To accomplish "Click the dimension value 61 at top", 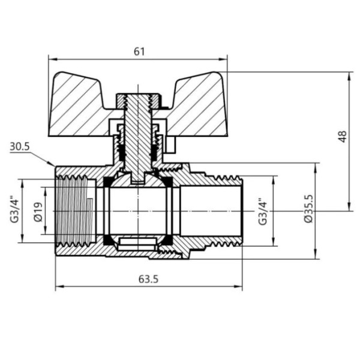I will point(139,52).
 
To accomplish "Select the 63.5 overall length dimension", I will point(144,279).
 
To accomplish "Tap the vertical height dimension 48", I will point(343,137).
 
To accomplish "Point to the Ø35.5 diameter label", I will point(309,210).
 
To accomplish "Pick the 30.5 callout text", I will point(20,147).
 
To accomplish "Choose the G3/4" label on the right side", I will point(262,211).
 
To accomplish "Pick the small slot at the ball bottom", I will point(137,244).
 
